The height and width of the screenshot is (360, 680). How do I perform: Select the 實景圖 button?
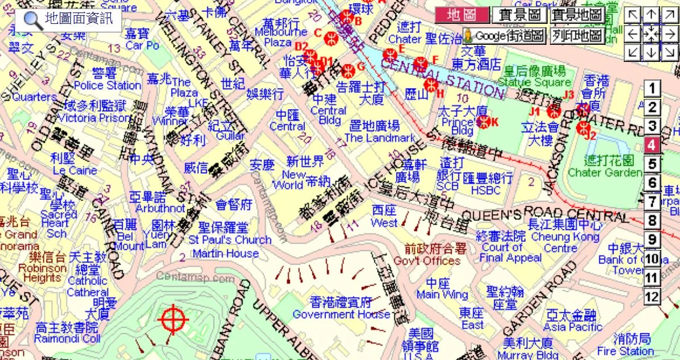(519, 15)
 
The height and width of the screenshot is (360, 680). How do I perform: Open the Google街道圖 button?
(504, 36)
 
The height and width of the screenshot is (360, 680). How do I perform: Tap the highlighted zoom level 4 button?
(652, 145)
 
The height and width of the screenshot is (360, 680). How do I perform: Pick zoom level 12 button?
(652, 296)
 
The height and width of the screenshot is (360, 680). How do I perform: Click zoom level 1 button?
(652, 89)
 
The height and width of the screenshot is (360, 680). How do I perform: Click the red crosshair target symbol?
(174, 320)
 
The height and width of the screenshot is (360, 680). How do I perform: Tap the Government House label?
(341, 314)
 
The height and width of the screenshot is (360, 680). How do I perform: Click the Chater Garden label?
(604, 172)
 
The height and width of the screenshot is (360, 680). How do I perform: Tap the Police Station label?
(107, 85)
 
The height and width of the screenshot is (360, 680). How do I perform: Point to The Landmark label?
(379, 137)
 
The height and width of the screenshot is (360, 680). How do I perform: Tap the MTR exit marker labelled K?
(483, 120)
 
